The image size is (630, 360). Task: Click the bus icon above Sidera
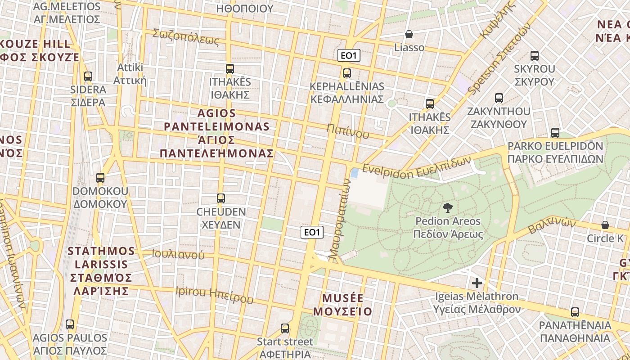(x=88, y=76)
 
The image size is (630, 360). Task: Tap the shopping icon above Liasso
(x=409, y=34)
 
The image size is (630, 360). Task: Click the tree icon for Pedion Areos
(x=447, y=208)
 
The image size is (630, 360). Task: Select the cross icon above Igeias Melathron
(x=477, y=283)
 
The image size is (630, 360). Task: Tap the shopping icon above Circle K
(x=605, y=225)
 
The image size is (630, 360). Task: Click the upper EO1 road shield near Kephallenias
(x=349, y=56)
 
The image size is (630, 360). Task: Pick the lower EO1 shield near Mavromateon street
(x=312, y=232)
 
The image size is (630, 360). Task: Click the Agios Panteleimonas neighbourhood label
(x=216, y=133)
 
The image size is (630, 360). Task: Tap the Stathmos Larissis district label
(x=102, y=270)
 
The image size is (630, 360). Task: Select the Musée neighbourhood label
(x=343, y=305)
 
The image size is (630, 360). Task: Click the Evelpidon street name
(x=416, y=166)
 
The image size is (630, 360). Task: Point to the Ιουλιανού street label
(x=178, y=254)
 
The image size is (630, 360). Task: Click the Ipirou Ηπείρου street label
(x=214, y=295)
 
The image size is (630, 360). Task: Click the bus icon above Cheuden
(x=220, y=198)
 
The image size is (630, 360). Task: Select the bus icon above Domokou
(x=100, y=178)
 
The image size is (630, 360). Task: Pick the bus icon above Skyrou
(x=535, y=56)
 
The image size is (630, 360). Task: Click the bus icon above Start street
(x=285, y=328)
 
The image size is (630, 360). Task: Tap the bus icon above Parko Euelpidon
(x=555, y=133)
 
